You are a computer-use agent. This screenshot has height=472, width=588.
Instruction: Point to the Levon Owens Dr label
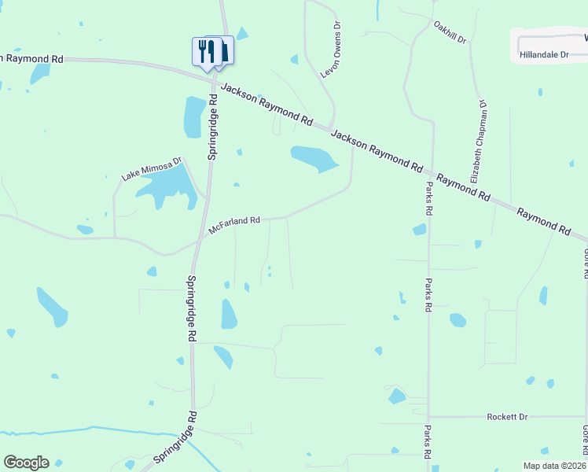pyautogui.click(x=331, y=50)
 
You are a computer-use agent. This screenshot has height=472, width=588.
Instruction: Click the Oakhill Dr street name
pyautogui.click(x=450, y=31)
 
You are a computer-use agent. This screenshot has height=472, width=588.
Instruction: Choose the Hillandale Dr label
pyautogui.click(x=544, y=55)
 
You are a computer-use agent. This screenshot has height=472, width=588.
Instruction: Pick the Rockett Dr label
pyautogui.click(x=506, y=416)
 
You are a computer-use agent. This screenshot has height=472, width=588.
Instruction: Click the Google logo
pyautogui.click(x=26, y=463)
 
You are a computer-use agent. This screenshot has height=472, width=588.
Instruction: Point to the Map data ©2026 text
pyautogui.click(x=554, y=466)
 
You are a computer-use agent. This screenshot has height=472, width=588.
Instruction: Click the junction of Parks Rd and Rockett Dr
pyautogui.click(x=428, y=416)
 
